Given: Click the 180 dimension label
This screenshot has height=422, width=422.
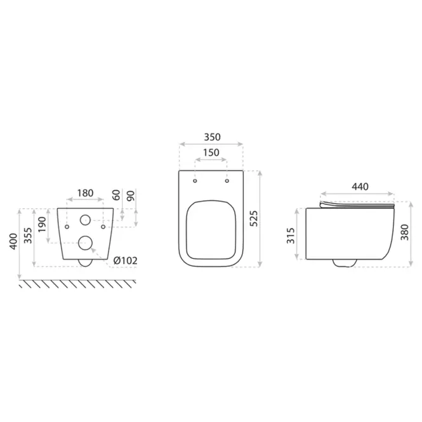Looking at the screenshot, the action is (x=85, y=194).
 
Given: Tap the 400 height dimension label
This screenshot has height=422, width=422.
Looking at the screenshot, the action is (x=13, y=241).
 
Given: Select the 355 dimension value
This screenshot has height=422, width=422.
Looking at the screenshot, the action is (x=28, y=235).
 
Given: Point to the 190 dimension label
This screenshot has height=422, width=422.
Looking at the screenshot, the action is (x=43, y=225).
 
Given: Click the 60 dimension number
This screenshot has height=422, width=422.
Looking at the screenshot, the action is (x=116, y=195).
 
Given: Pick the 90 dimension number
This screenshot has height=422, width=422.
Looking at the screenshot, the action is (x=131, y=195).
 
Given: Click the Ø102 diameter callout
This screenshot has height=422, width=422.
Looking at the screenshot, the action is (x=126, y=261).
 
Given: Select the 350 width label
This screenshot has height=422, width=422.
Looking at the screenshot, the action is (x=213, y=137).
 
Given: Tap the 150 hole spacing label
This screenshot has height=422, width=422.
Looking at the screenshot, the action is (x=211, y=152).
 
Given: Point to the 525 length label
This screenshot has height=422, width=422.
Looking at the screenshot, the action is (x=254, y=218).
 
